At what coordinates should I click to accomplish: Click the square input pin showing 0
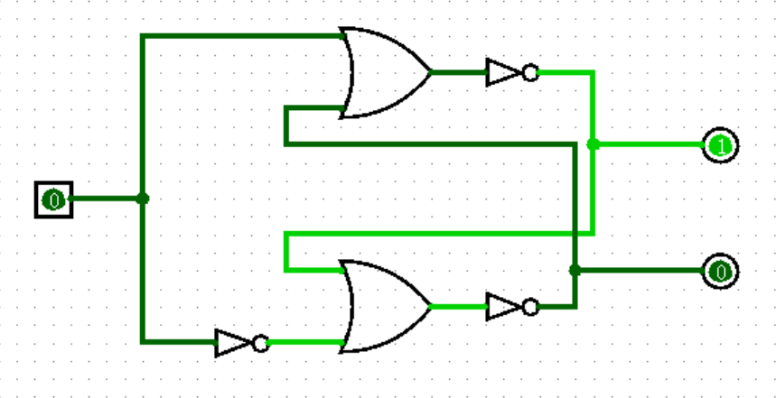pos(53,199)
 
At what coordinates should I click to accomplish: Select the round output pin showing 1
pos(720,144)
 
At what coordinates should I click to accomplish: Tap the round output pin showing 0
pos(720,271)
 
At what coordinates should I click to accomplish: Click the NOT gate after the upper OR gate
pos(504,72)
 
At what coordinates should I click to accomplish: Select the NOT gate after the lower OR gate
pos(504,306)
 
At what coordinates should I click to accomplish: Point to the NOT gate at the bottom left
pos(233,343)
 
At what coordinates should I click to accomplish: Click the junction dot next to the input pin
pos(142,199)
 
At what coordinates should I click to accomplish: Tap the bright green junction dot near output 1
pos(593,144)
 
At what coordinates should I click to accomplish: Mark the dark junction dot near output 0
pos(575,270)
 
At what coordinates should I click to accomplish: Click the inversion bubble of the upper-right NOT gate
pos(530,72)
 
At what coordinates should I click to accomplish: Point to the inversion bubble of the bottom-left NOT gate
pos(260,343)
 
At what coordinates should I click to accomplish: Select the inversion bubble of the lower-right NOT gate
pos(530,307)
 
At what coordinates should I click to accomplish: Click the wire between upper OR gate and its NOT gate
pos(458,72)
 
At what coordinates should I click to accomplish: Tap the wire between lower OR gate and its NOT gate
pos(458,306)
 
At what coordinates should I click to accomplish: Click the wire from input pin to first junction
pos(104,199)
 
